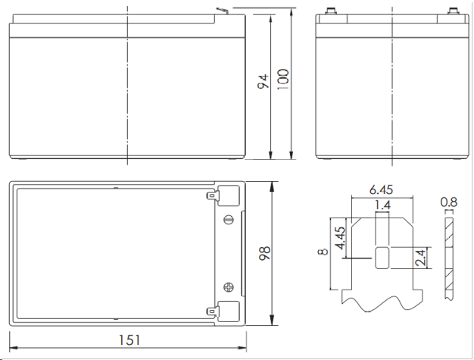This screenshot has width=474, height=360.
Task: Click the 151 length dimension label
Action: [129, 340]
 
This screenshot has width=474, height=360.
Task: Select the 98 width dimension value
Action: [264, 253]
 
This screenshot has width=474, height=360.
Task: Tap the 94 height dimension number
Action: [263, 81]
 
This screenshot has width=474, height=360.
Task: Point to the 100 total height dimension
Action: [283, 80]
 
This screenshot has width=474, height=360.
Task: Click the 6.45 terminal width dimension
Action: [381, 189]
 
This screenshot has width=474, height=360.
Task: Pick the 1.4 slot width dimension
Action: [382, 205]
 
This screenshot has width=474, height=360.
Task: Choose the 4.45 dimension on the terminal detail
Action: [341, 238]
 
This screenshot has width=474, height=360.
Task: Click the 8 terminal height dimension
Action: [323, 252]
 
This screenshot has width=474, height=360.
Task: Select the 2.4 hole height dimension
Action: [420, 258]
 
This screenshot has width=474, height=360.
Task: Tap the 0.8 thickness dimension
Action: [449, 202]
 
